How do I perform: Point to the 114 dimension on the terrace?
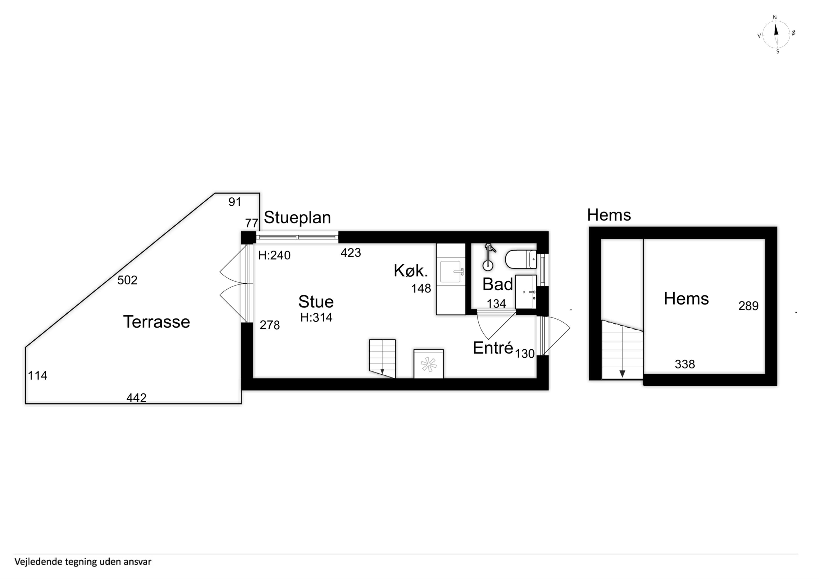[37, 375]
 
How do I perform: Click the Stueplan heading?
[297, 218]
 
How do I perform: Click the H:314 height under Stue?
[316, 317]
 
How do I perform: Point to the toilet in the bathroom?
[521, 259]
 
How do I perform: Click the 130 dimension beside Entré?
[525, 354]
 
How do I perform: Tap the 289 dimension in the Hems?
[748, 306]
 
